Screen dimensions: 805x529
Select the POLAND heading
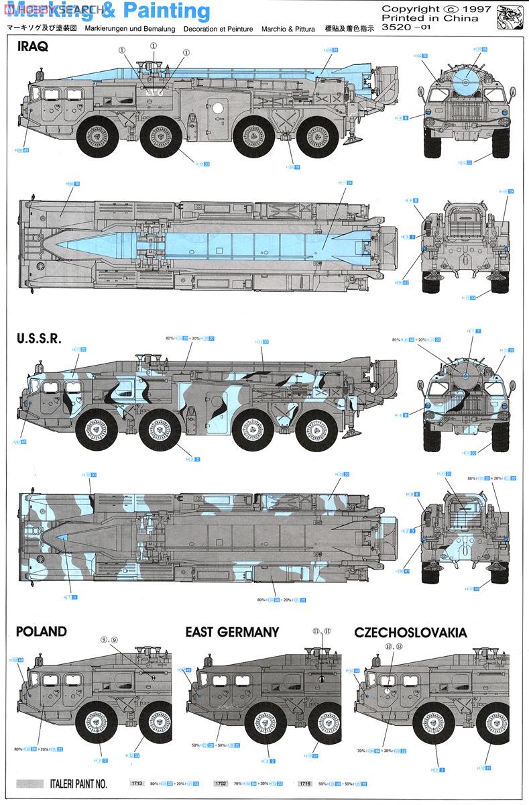tap(42, 631)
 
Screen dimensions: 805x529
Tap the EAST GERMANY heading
tap(232, 631)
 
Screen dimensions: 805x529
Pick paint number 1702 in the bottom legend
tap(221, 783)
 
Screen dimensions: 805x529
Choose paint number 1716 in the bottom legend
tap(306, 783)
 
